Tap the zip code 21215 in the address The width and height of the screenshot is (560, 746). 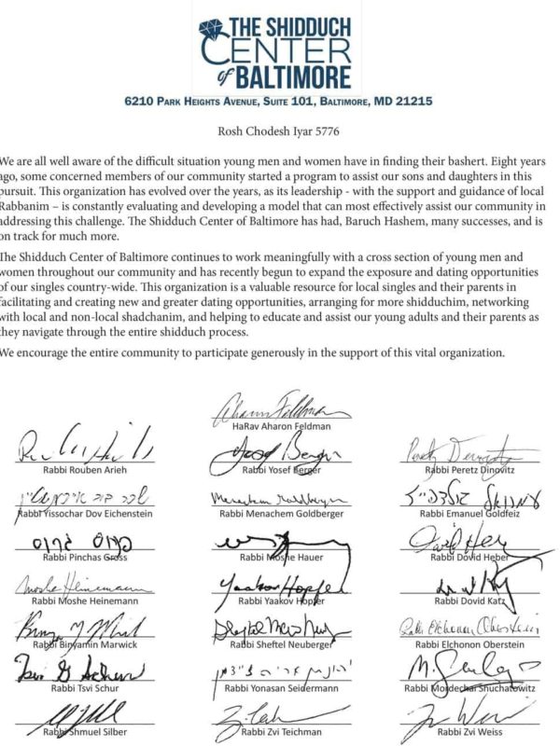point(413,100)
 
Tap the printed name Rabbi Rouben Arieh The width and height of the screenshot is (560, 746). point(77,470)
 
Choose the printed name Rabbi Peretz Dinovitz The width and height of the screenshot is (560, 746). point(468,470)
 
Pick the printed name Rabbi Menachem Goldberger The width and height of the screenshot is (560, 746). point(279,514)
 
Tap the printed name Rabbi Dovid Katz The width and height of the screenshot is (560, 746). point(468,601)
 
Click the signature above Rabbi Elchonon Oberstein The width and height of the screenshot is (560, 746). point(466,628)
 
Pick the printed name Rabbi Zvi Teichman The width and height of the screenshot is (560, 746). point(279,732)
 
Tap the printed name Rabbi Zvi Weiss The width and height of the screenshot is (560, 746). point(468,732)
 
